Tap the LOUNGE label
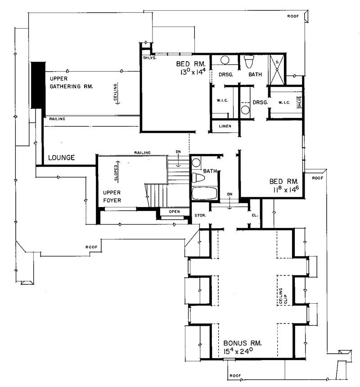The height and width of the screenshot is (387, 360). click(62, 158)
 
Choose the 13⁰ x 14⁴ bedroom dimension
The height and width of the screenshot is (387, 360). click(188, 71)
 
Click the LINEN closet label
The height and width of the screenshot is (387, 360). click(225, 126)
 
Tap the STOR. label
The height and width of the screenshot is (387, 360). click(200, 216)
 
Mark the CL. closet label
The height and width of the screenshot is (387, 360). click(255, 216)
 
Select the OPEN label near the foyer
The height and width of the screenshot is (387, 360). click(175, 211)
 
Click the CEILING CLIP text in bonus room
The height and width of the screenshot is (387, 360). click(283, 297)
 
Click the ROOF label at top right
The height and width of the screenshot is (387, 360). click(293, 17)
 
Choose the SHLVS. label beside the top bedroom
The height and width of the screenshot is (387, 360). click(149, 58)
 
